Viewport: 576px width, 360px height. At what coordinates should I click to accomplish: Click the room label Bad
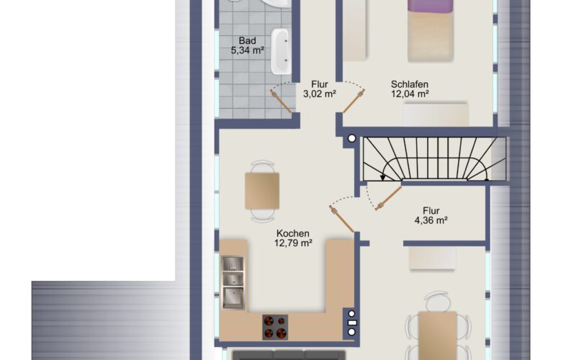[247, 41]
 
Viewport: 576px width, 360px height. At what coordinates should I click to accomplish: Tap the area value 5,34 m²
[247, 50]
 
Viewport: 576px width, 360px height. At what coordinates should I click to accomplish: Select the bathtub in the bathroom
[280, 51]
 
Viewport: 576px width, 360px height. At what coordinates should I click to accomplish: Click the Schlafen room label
[410, 84]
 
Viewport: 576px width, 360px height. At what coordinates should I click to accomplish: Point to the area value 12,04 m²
[410, 94]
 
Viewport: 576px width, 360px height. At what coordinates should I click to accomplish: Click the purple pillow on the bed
[430, 6]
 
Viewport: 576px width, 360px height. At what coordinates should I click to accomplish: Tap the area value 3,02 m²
[319, 94]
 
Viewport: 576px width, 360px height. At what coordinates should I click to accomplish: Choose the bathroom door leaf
[281, 101]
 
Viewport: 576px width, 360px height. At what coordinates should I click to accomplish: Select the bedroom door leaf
[354, 101]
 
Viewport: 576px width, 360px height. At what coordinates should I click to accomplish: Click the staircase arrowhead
[383, 177]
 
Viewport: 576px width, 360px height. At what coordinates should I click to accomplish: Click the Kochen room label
[293, 233]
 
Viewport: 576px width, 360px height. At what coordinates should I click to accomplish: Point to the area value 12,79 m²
[293, 243]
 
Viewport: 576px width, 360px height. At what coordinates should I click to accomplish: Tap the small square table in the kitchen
[262, 191]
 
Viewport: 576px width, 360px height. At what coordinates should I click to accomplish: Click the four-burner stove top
[275, 327]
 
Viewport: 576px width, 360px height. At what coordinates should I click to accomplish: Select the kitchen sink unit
[233, 282]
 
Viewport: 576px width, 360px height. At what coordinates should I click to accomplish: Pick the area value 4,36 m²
[431, 220]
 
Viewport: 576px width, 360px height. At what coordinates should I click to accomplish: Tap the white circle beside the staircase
[352, 138]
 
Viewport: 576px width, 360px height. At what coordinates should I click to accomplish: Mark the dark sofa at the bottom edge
[289, 355]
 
